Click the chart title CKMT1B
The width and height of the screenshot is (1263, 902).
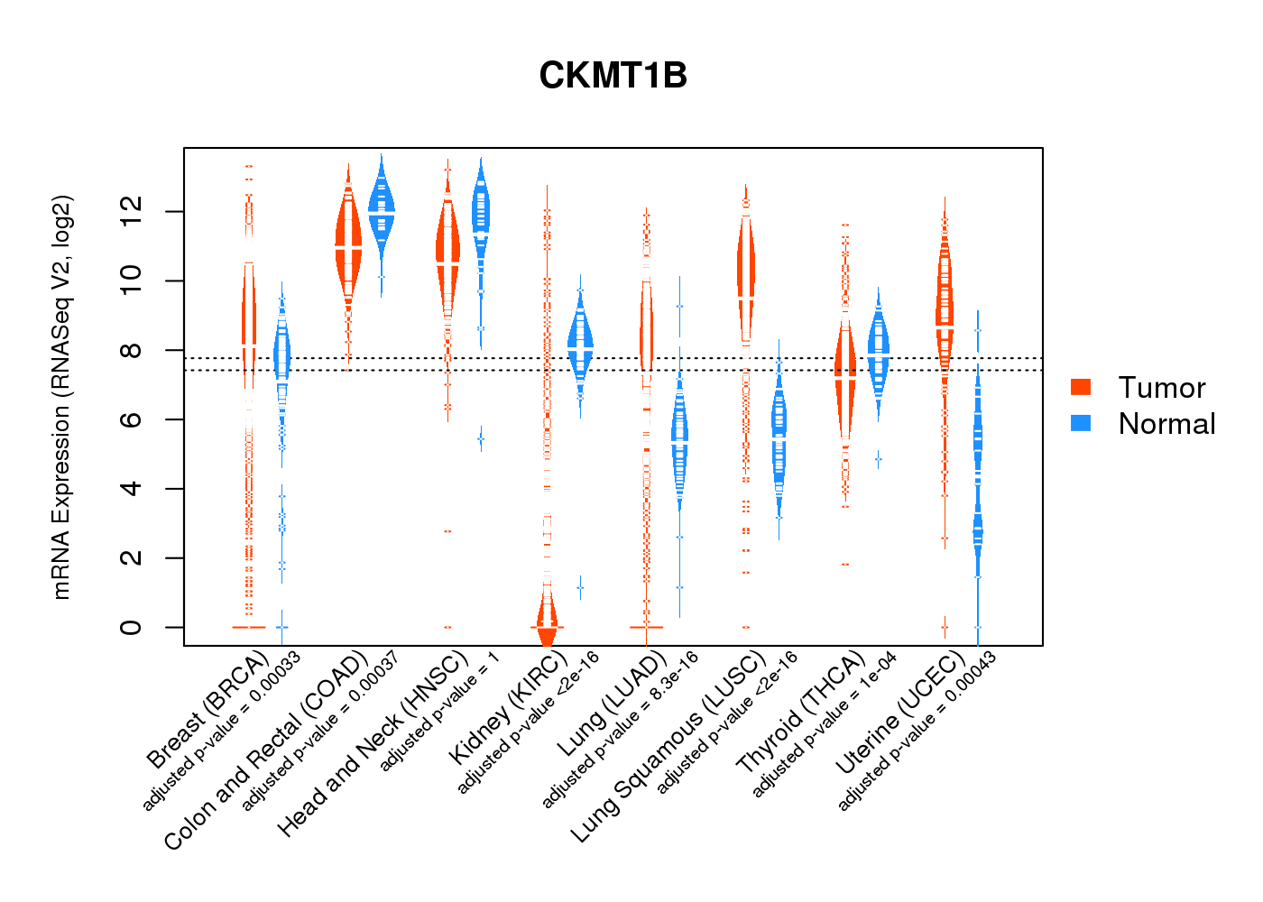click(x=613, y=76)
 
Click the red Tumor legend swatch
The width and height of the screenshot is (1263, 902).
click(x=1081, y=387)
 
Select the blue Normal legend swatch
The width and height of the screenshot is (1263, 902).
click(x=1081, y=423)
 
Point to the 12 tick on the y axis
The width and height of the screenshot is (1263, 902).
click(x=132, y=211)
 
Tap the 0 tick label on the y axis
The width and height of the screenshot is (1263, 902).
click(x=132, y=627)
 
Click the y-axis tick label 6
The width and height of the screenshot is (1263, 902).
click(x=132, y=419)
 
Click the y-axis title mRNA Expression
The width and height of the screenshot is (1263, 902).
click(x=61, y=397)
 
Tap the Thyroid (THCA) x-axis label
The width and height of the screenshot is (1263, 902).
click(x=801, y=712)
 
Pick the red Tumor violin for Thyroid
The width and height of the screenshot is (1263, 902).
click(x=845, y=379)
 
